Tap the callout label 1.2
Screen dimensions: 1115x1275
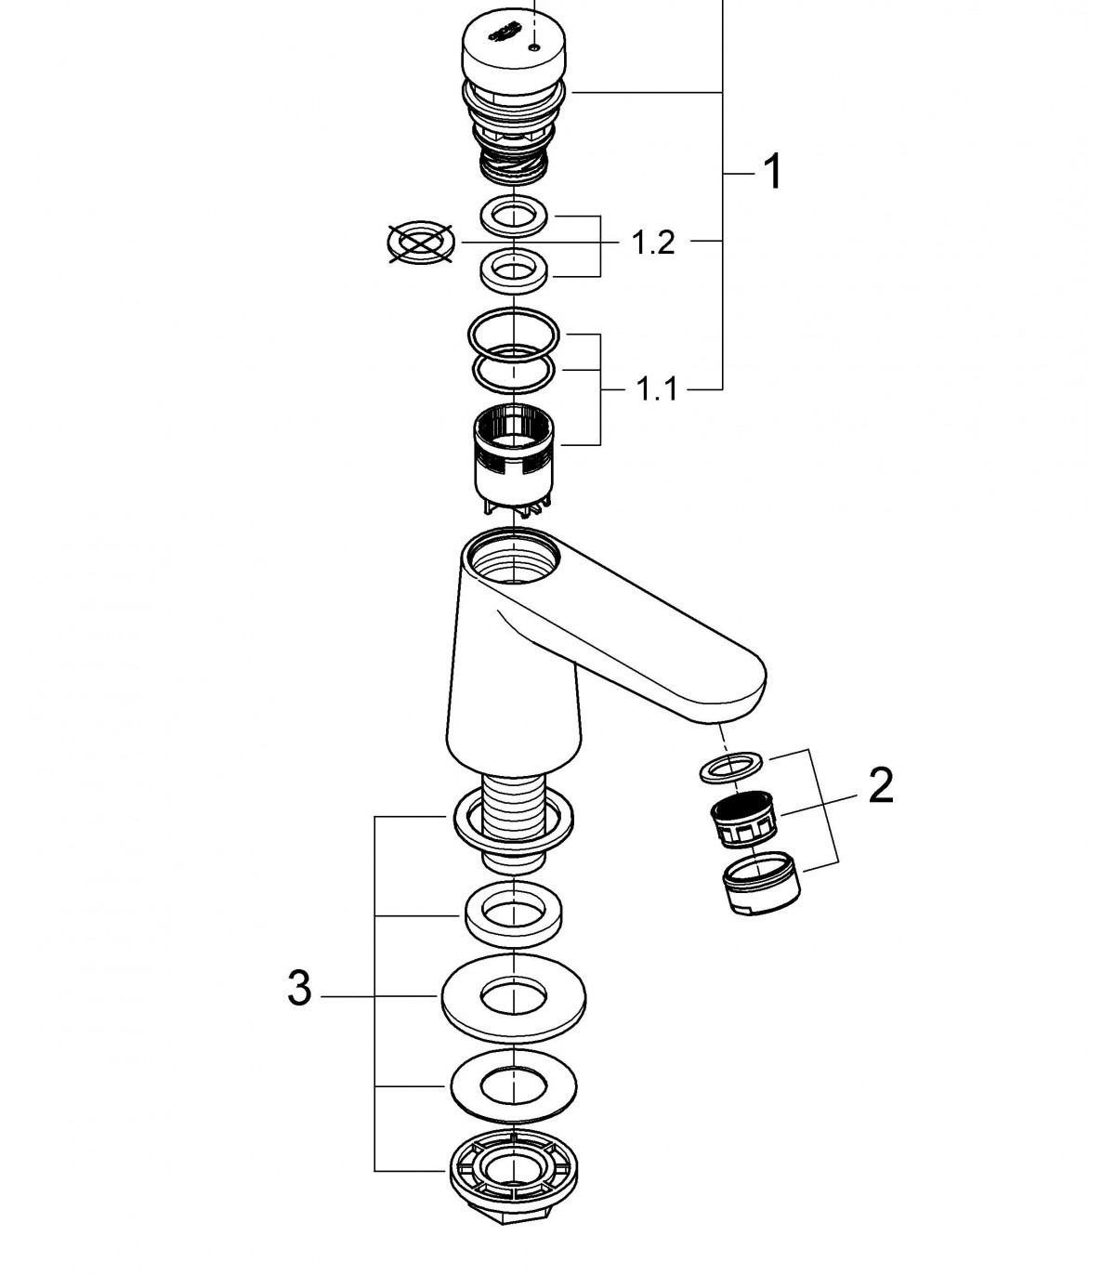653,243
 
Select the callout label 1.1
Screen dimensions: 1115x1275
657,389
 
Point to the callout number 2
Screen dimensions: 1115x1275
880,786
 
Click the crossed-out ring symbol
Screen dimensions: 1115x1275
421,242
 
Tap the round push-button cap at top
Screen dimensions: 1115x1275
515,49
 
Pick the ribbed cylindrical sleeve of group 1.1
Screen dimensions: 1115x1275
513,460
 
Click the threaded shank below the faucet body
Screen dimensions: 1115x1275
514,822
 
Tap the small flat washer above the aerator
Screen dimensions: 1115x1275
731,766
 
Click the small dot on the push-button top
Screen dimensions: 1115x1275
533,46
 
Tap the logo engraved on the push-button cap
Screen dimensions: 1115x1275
505,33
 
